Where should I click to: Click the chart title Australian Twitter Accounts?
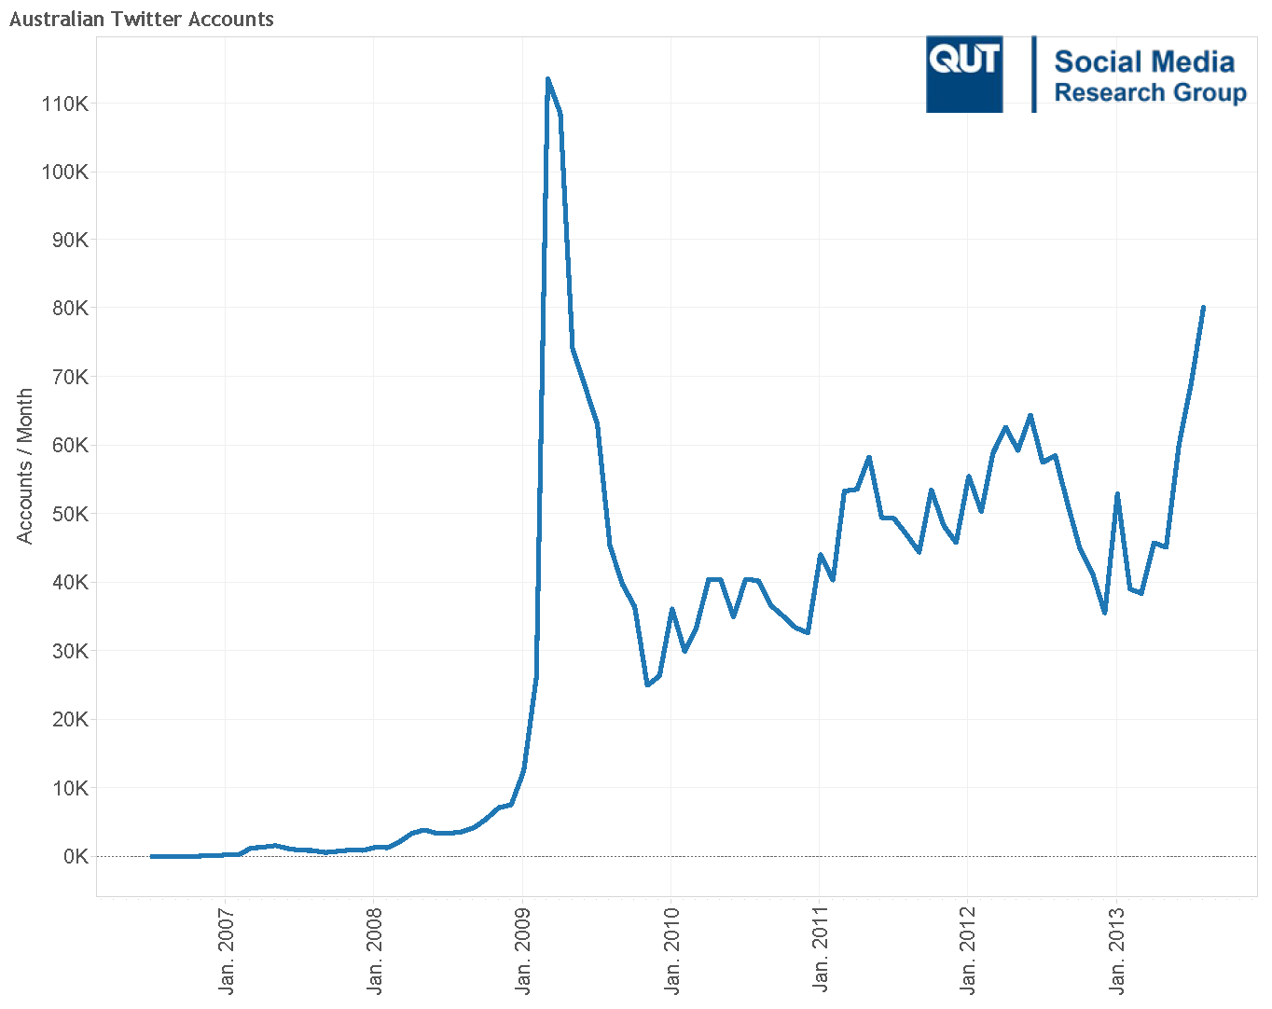point(142,19)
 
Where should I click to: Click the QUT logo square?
point(964,75)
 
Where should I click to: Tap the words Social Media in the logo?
point(1144,62)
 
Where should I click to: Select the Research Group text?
point(1150,92)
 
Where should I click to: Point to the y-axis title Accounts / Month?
point(24,465)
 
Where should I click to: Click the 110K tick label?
point(64,104)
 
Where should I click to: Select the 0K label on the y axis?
point(75,856)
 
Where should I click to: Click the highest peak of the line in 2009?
point(547,79)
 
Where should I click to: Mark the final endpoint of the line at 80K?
point(1203,308)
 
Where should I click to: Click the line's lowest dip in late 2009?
point(647,684)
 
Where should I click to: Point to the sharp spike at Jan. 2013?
point(1117,494)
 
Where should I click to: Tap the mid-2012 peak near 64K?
point(1030,416)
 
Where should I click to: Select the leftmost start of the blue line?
point(152,856)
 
